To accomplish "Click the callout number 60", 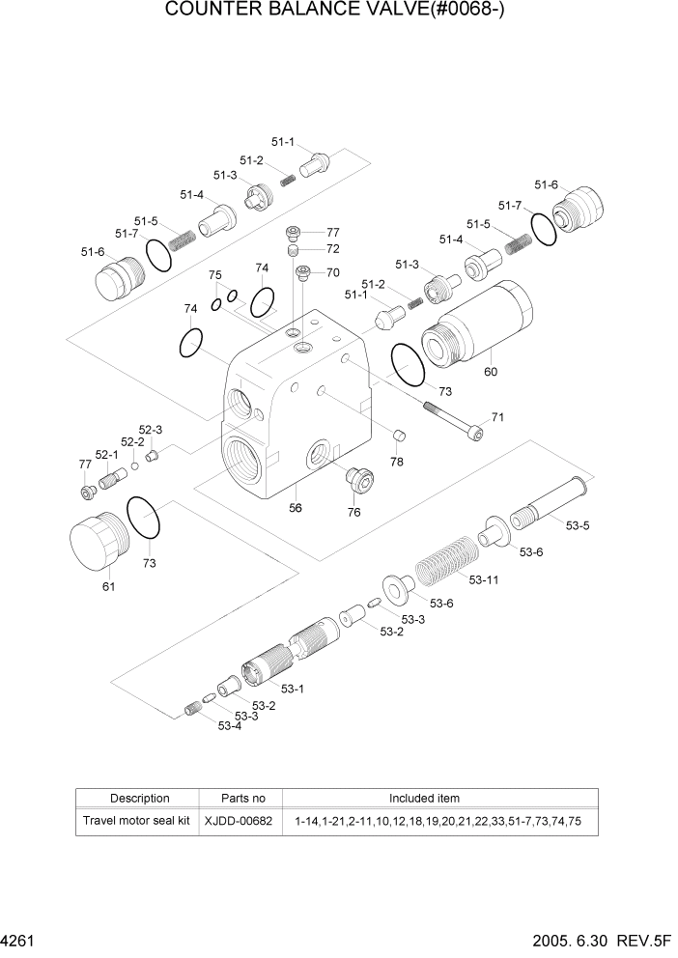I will [490, 372].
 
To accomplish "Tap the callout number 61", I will [108, 586].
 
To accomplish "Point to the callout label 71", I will [498, 417].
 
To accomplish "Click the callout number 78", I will [397, 463].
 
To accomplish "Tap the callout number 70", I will [332, 272].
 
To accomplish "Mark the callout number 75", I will [215, 275].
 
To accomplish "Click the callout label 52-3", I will [151, 430].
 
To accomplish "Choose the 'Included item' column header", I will [424, 799].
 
